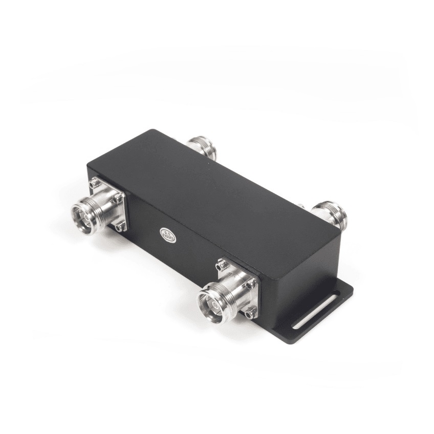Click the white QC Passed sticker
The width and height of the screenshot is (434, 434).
click(x=168, y=234)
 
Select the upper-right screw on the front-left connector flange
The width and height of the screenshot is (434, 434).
click(x=118, y=197)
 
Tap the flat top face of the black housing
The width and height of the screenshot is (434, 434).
click(x=215, y=189)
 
